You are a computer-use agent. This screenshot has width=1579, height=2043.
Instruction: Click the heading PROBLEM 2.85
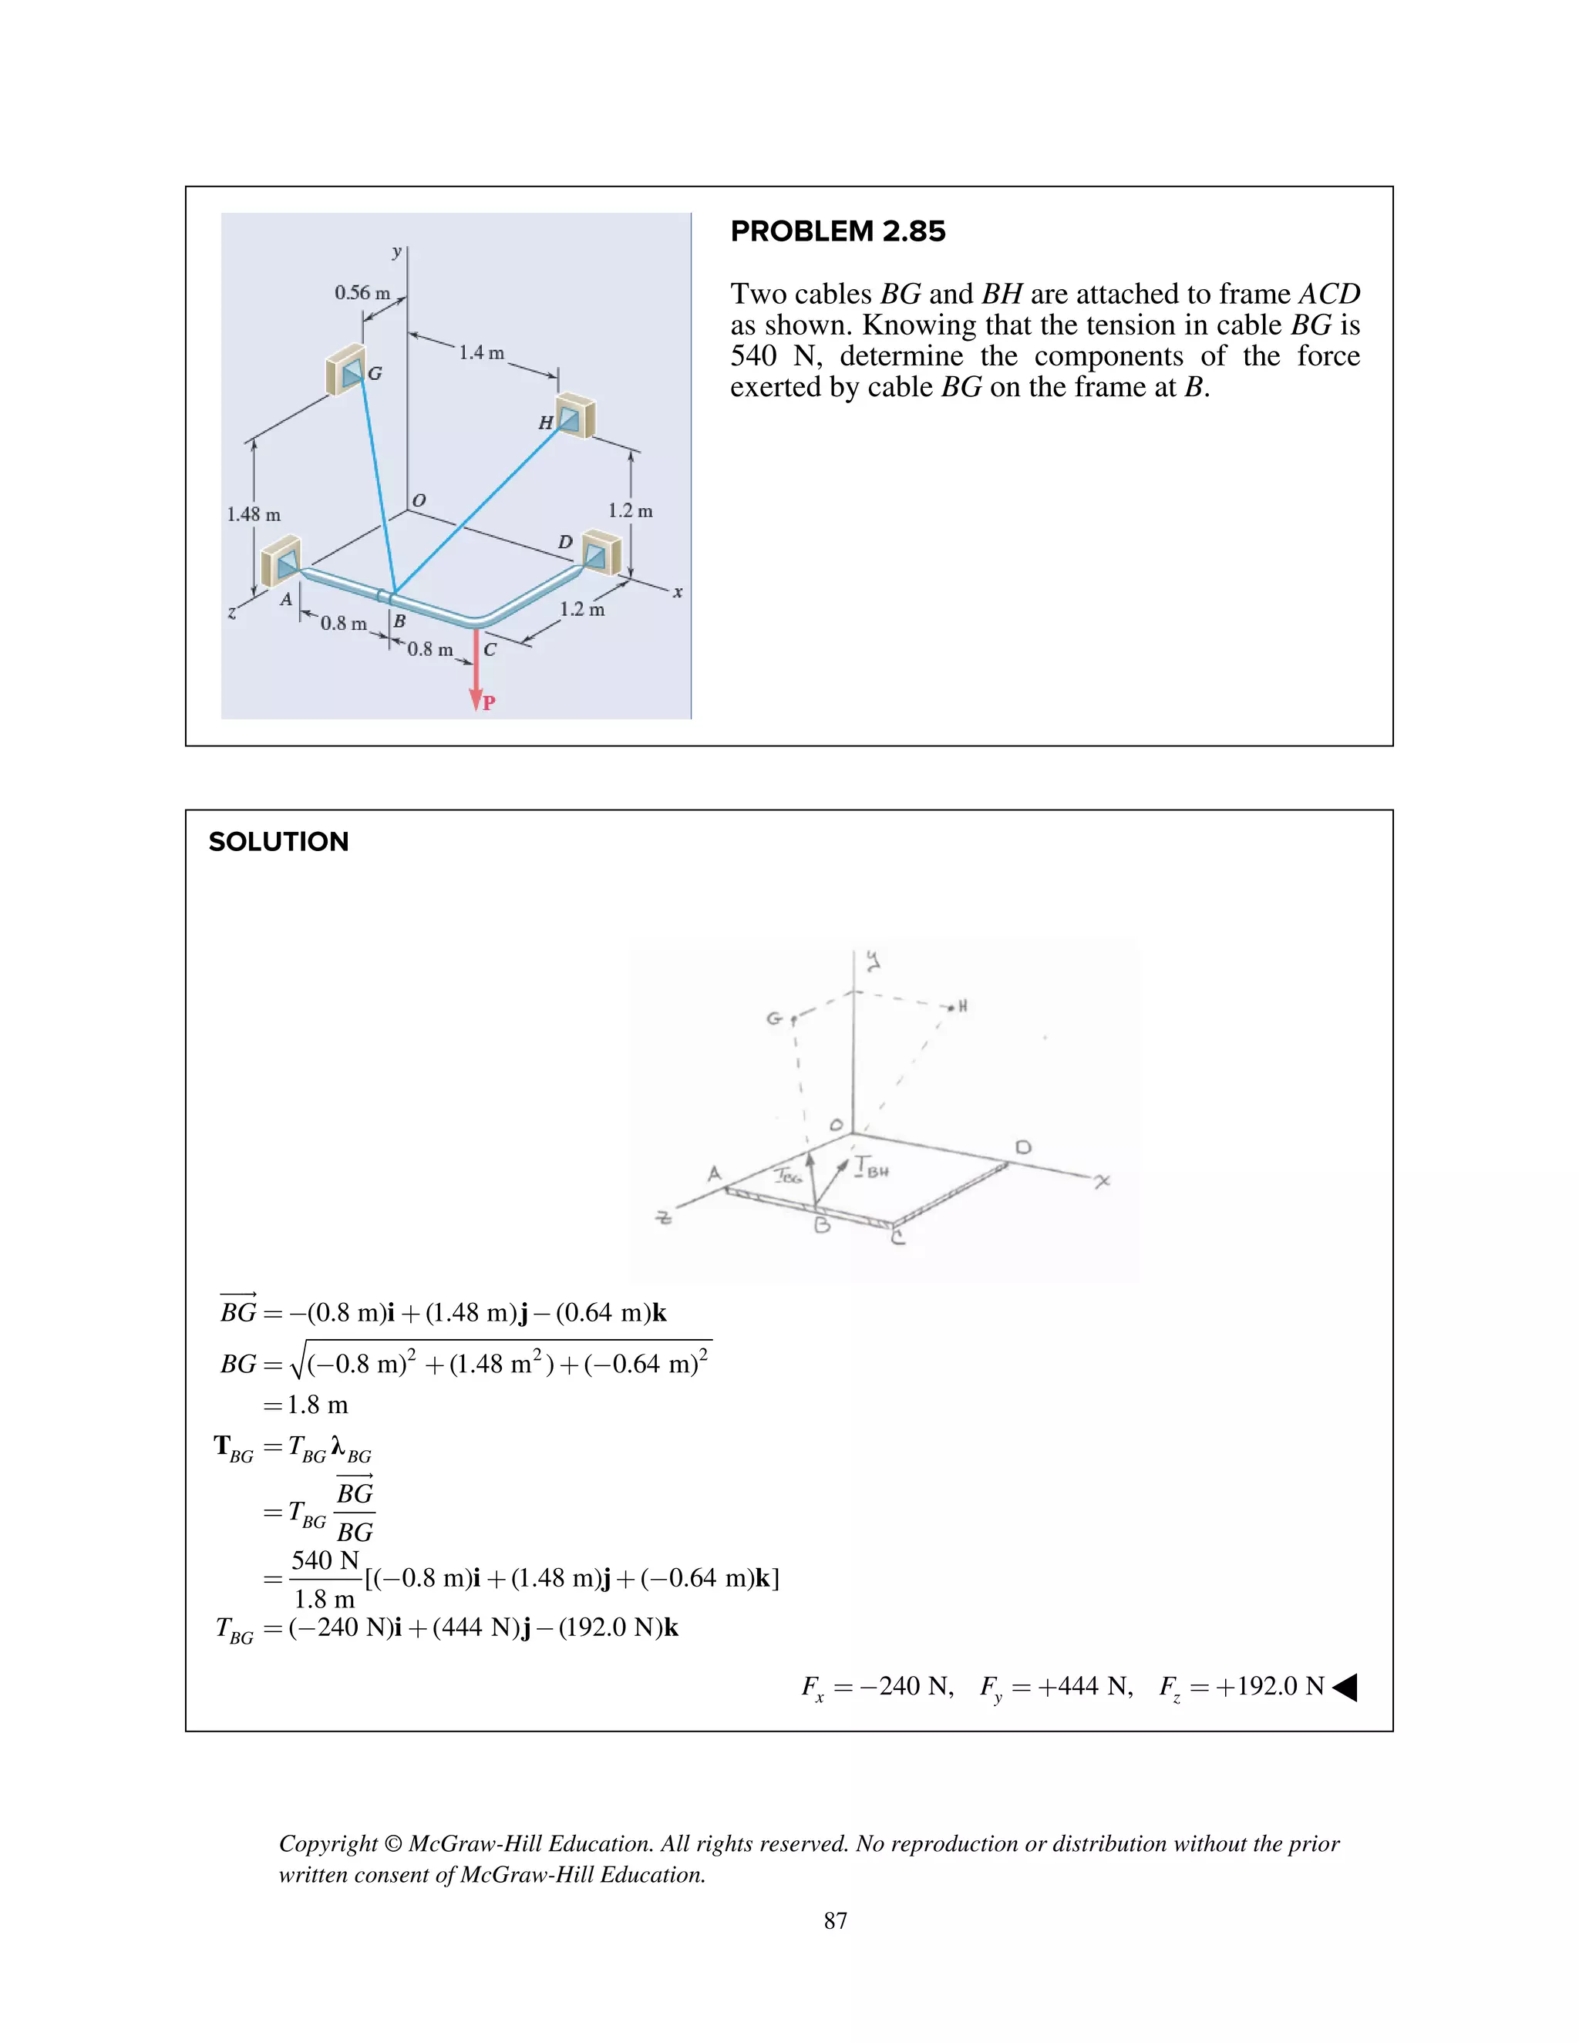[837, 231]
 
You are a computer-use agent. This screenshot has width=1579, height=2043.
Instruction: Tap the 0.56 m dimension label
[362, 293]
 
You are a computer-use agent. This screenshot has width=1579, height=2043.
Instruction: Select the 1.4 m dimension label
[481, 352]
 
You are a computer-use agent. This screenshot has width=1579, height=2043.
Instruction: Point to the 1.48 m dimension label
[254, 514]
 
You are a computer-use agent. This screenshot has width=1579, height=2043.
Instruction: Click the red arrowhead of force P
[476, 700]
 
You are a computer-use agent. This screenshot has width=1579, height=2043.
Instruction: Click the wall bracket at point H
[575, 417]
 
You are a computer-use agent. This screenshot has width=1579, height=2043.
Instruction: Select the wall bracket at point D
[600, 552]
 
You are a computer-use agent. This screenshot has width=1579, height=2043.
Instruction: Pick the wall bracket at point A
[281, 561]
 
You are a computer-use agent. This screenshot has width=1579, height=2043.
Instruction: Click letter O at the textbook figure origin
[419, 500]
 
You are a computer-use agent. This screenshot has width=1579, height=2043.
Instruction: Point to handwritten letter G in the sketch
[773, 1018]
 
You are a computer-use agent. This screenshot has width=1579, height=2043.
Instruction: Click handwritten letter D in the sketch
[1022, 1147]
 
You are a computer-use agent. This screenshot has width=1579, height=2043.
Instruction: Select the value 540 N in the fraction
[325, 1560]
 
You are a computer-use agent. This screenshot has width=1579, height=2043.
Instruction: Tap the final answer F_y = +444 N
[1055, 1687]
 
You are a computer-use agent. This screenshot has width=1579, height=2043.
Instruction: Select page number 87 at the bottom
[835, 1920]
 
